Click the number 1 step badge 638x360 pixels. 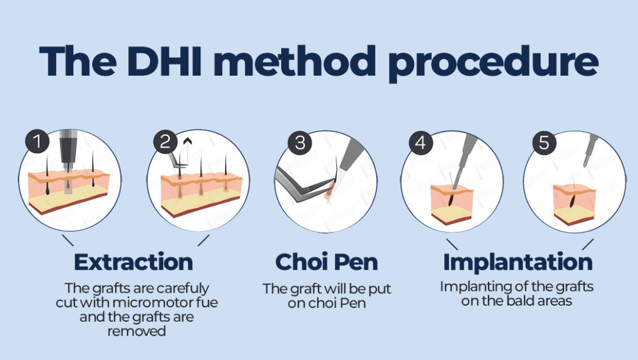click(37, 142)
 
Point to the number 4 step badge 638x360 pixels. click(421, 142)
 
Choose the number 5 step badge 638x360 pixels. click(543, 142)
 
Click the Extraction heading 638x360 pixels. click(133, 262)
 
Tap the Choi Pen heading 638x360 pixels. click(326, 262)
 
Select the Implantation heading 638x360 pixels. click(517, 262)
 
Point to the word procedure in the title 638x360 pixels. click(496, 61)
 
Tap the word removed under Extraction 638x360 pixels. click(136, 331)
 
